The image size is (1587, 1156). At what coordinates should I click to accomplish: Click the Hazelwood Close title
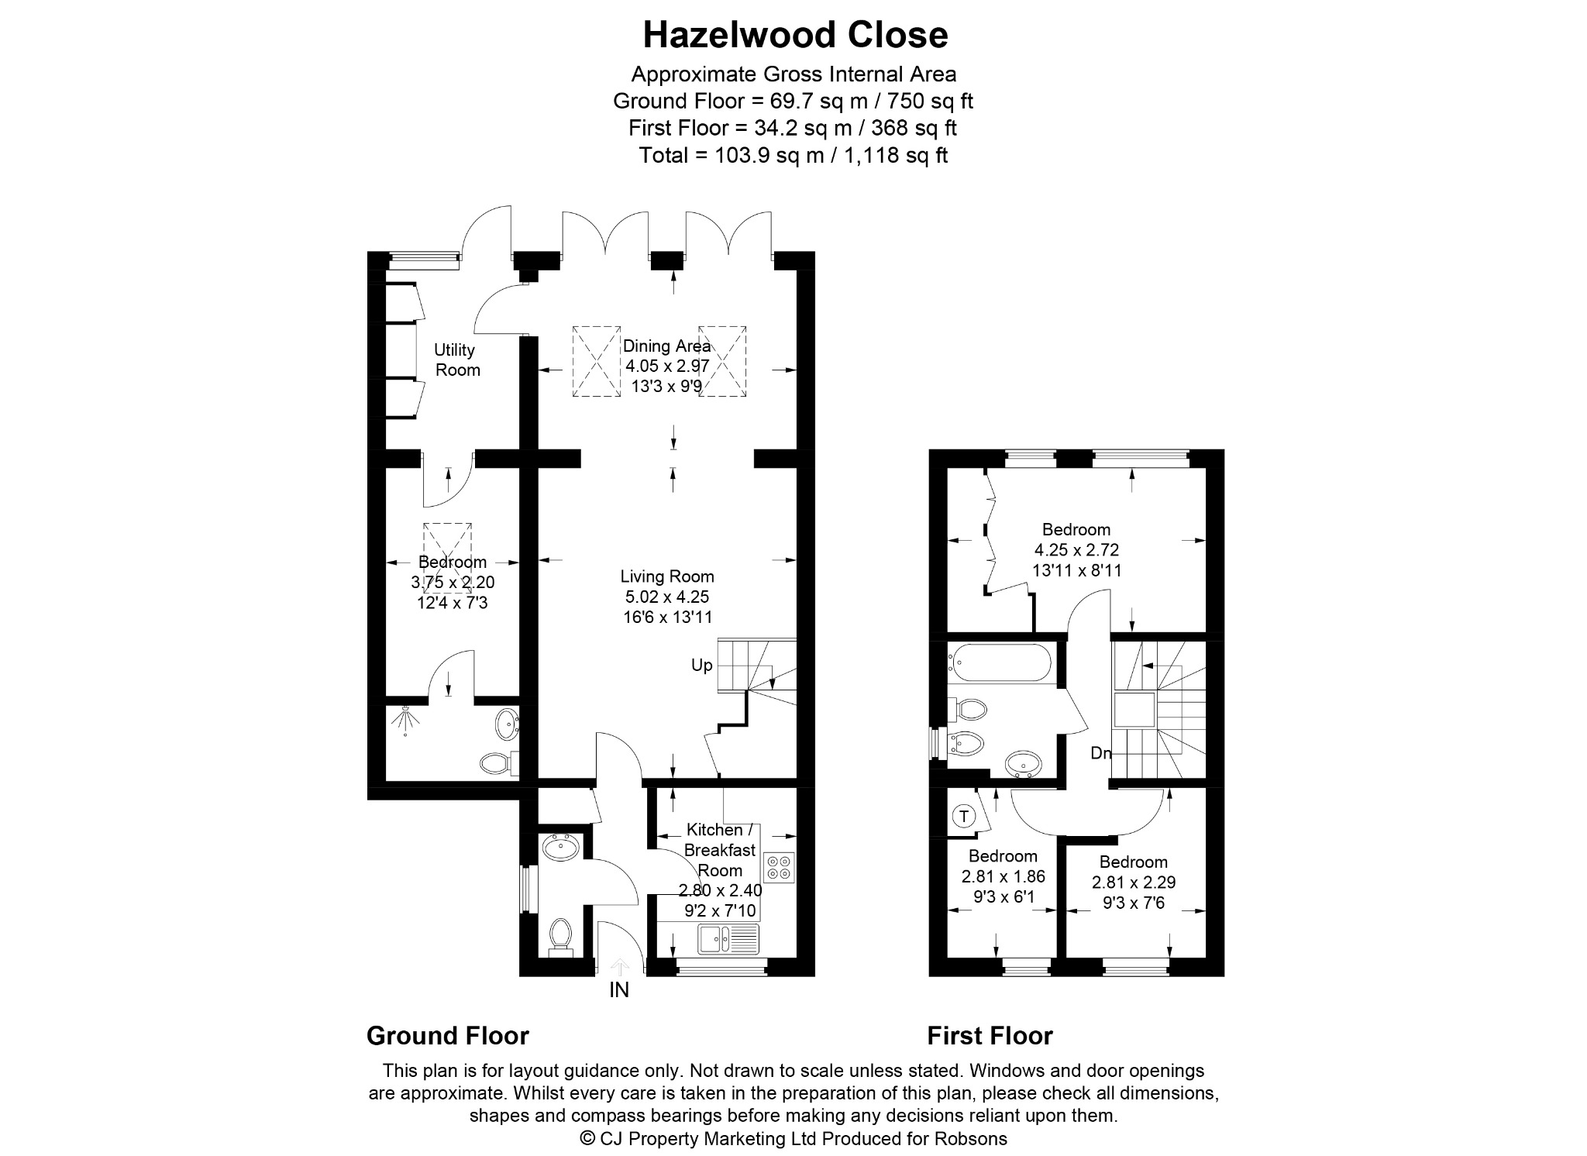point(795,35)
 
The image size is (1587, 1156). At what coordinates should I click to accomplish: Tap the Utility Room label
point(456,360)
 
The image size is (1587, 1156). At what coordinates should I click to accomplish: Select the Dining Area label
point(666,346)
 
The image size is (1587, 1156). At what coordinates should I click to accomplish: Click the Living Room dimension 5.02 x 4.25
point(667,597)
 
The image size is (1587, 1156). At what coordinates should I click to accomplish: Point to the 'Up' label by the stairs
point(702,666)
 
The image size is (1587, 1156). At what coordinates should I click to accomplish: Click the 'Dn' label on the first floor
point(1101,752)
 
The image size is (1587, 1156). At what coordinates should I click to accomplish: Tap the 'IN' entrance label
point(619,989)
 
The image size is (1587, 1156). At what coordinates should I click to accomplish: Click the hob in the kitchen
point(779,866)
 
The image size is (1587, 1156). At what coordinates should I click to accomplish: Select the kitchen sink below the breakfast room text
point(728,939)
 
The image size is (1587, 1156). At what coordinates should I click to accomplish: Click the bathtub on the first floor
point(1000,664)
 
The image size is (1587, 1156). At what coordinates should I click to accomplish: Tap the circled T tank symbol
point(964,816)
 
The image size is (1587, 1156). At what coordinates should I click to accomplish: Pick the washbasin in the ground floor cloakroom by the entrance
point(560,848)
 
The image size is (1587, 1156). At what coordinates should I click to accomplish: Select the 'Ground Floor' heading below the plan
point(448,1036)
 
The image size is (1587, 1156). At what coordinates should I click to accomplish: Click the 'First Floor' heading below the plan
point(990,1036)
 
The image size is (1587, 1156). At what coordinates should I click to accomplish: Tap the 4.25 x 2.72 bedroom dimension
point(1077,550)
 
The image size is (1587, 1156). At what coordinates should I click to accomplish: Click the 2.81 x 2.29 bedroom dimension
point(1134,882)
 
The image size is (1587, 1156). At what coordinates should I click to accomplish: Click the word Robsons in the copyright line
point(971,1138)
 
